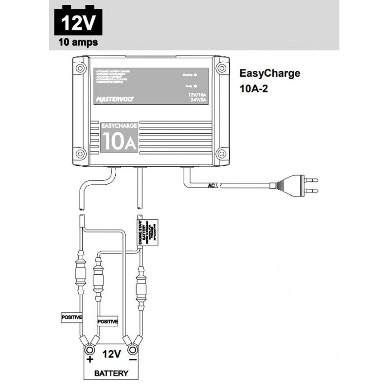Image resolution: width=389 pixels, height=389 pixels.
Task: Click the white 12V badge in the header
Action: [78, 22]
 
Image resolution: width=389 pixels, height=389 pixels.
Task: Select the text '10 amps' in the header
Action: [78, 42]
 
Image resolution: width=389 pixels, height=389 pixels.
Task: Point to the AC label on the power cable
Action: [212, 185]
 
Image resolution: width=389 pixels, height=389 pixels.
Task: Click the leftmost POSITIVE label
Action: [71, 317]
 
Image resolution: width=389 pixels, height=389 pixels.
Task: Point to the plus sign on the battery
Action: [89, 360]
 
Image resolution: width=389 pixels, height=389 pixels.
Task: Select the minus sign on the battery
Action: [132, 360]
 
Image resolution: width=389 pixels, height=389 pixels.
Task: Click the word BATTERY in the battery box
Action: [111, 373]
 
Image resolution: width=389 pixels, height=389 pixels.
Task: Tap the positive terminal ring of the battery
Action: [89, 349]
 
